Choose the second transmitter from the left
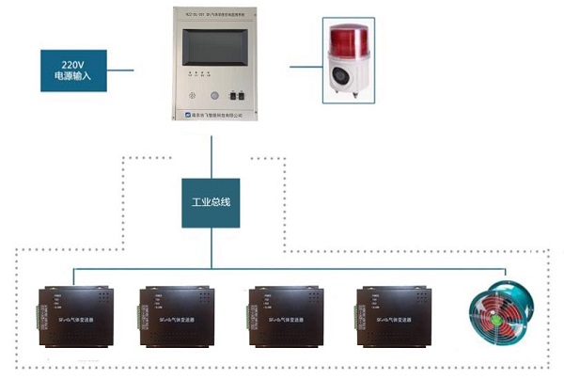pos(177,316)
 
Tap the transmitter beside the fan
pos(391,316)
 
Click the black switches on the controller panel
pos(235,94)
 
